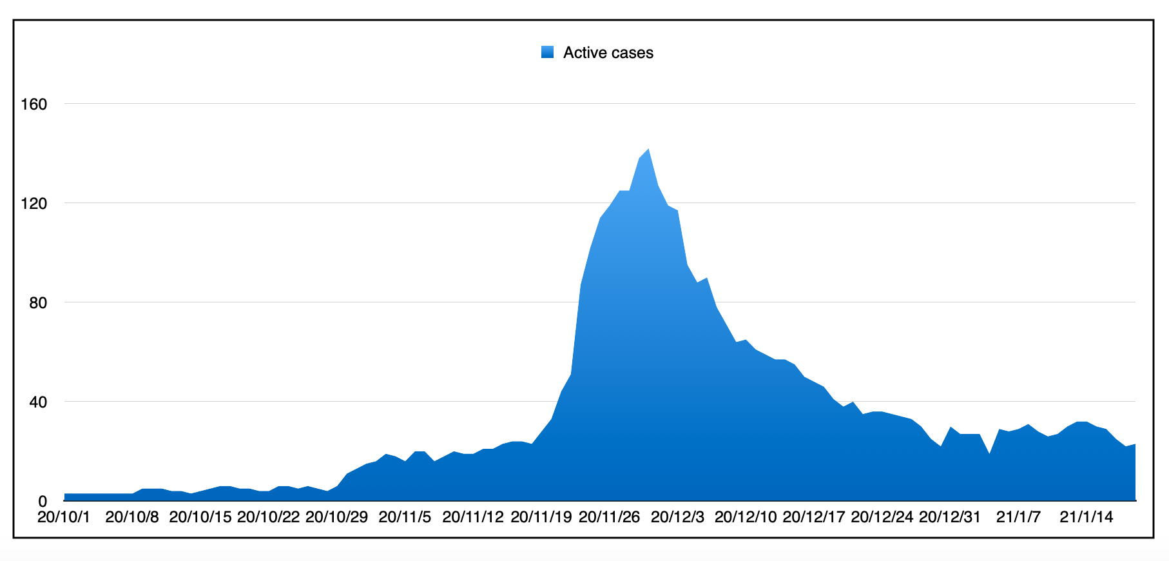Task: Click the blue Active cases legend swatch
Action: [x=548, y=53]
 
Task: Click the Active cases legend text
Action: [x=608, y=53]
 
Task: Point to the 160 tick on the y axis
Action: [x=34, y=104]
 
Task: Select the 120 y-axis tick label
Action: [x=34, y=204]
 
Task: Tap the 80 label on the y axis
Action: [x=38, y=303]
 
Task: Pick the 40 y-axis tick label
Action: [x=38, y=402]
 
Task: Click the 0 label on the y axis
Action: [x=43, y=501]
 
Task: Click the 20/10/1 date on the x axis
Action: [x=64, y=517]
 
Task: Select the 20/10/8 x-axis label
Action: [x=132, y=517]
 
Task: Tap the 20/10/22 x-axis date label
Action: [x=268, y=517]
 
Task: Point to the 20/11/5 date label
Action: [x=405, y=517]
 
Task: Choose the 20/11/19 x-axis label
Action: [x=541, y=517]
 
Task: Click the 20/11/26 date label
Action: [x=610, y=517]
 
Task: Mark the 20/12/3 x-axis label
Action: [x=677, y=517]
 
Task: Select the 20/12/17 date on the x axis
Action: [x=814, y=517]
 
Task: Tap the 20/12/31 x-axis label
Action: [x=950, y=517]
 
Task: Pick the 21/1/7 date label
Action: [x=1018, y=517]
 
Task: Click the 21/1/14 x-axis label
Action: [x=1087, y=517]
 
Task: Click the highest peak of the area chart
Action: [x=648, y=150]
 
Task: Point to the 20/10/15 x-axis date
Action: [x=200, y=517]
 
